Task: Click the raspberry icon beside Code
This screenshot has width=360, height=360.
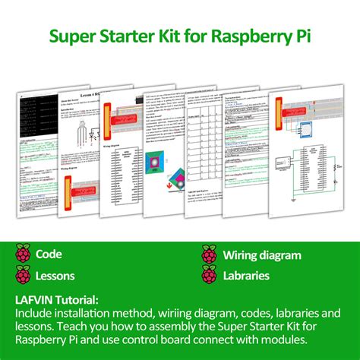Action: pyautogui.click(x=24, y=255)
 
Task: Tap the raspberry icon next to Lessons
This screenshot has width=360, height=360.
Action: pyautogui.click(x=24, y=275)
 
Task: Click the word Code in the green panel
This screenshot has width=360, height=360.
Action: pyautogui.click(x=49, y=255)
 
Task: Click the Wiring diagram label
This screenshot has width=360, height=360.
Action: pyautogui.click(x=263, y=255)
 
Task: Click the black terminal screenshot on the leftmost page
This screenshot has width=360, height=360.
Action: pyautogui.click(x=38, y=113)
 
